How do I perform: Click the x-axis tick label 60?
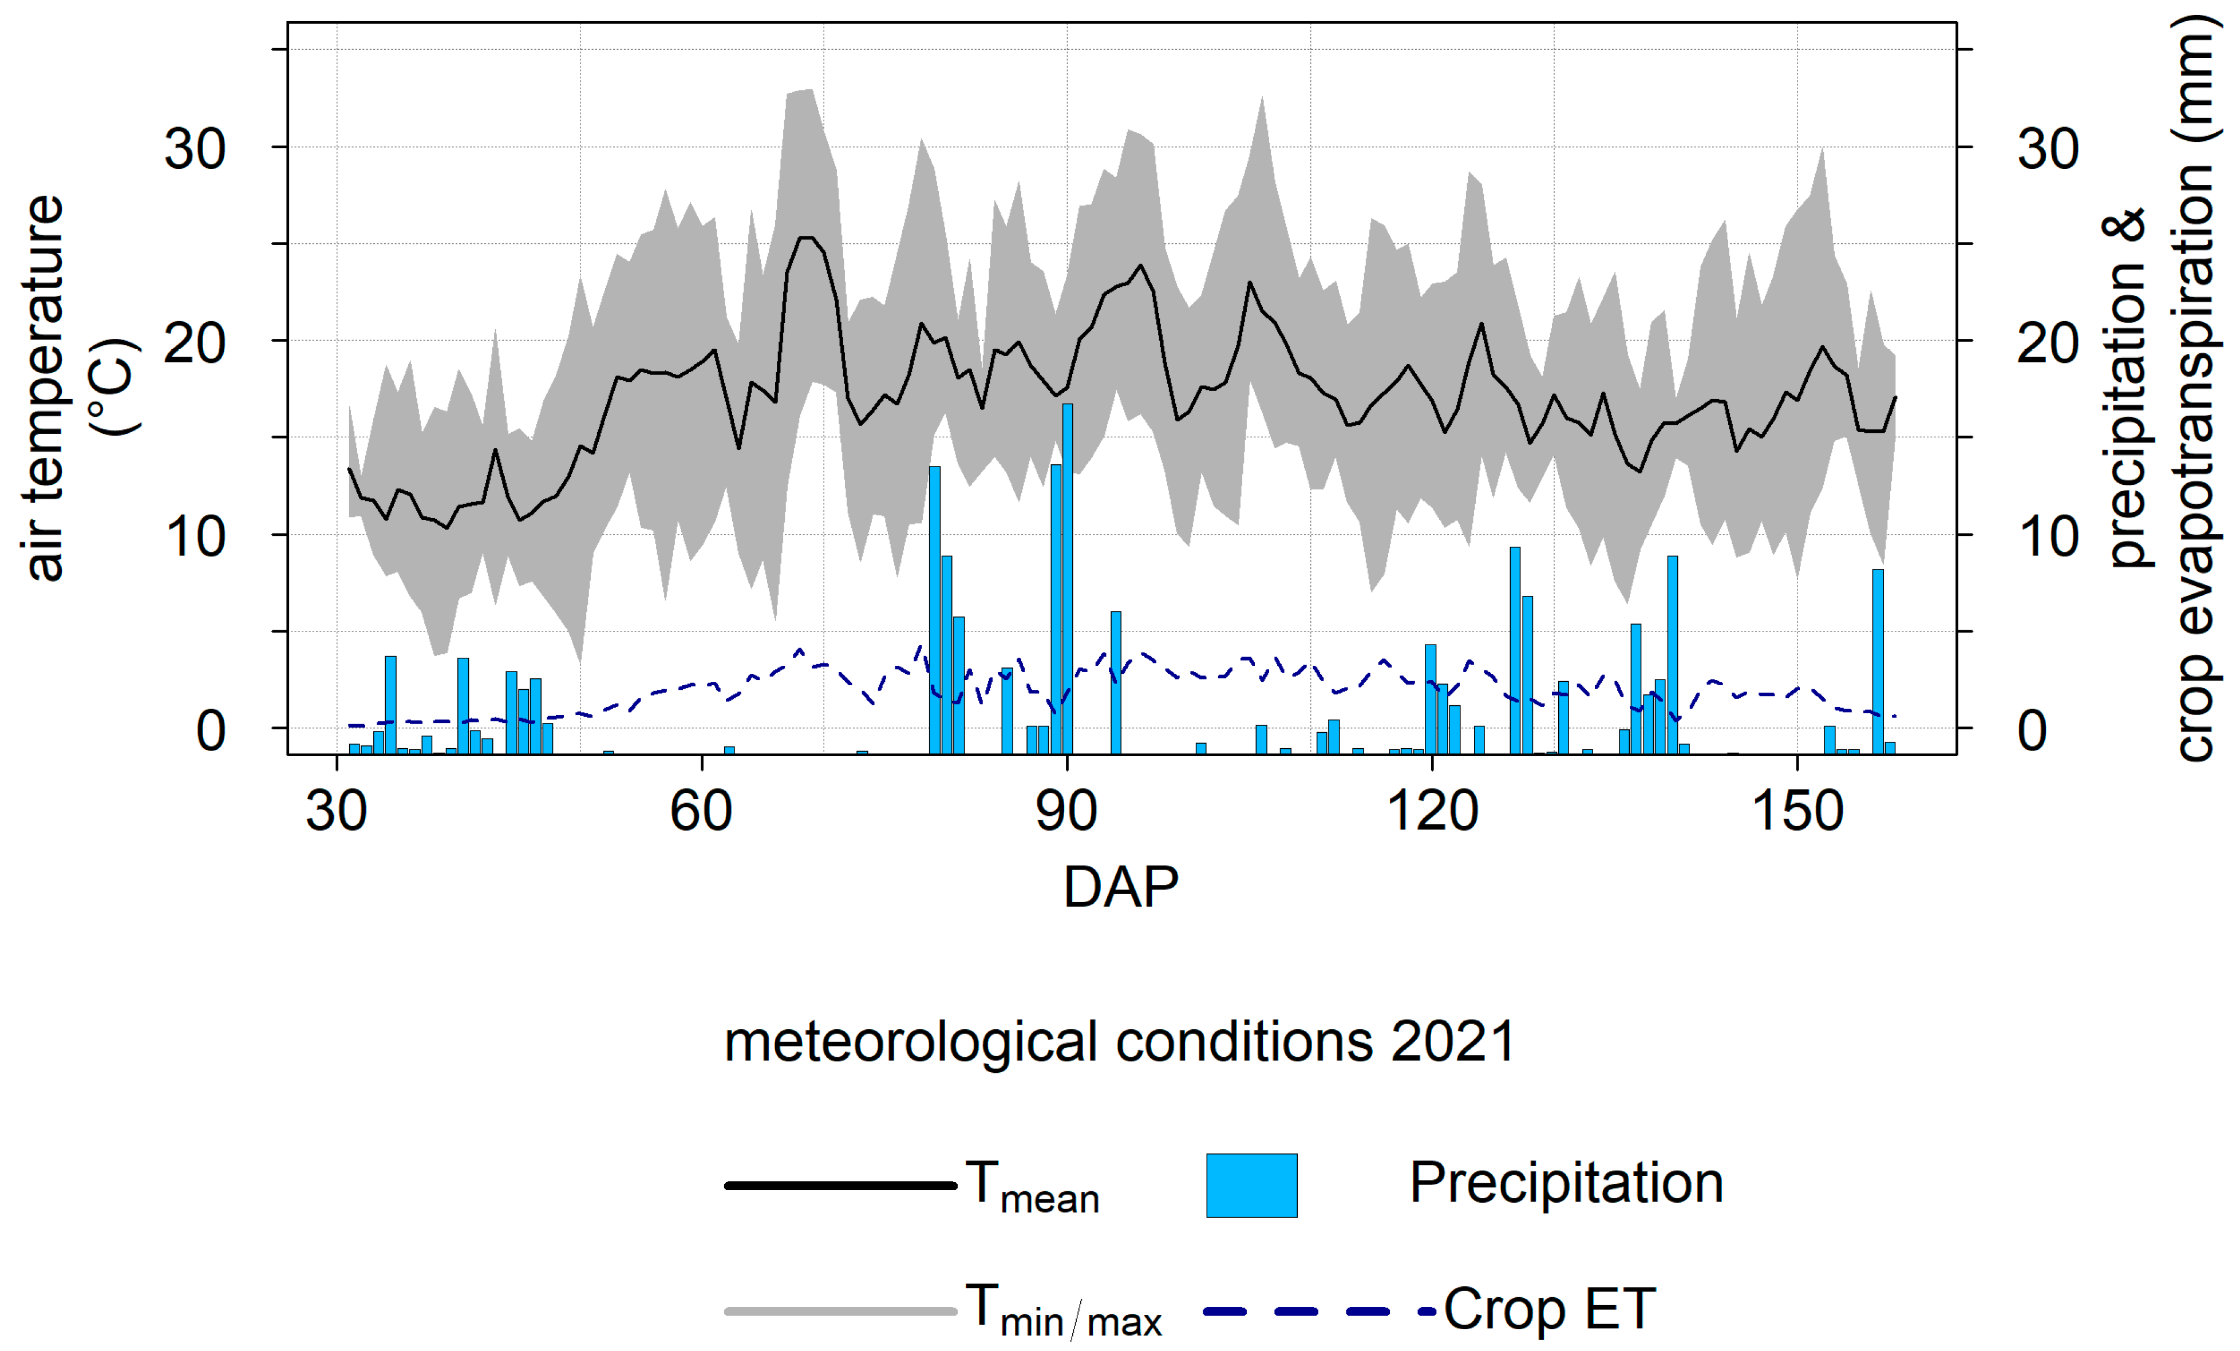coord(700,811)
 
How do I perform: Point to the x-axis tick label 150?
coord(1797,811)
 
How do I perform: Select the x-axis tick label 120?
coord(1432,811)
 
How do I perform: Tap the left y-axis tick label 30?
coord(195,148)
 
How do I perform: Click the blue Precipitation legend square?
coord(1251,1184)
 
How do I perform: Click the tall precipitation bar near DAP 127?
coord(1515,650)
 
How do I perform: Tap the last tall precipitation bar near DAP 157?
coord(1877,661)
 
